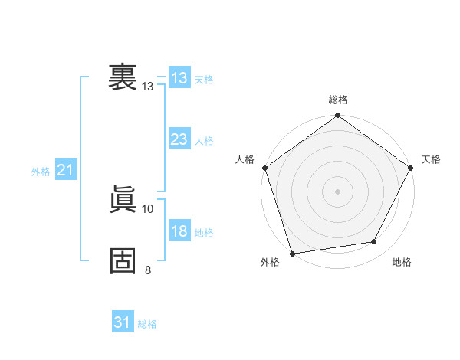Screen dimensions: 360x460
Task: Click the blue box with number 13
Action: tap(179, 78)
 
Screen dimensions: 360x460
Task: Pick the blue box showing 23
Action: tap(179, 139)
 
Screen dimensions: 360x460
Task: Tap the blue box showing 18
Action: tap(179, 231)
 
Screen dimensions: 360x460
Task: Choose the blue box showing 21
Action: tap(65, 170)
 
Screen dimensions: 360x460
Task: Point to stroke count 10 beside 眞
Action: tap(148, 208)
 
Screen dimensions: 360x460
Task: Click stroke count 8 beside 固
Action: tap(148, 269)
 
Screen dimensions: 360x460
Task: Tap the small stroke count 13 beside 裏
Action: tap(148, 87)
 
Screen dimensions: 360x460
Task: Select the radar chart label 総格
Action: tap(338, 100)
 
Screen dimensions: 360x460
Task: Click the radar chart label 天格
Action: tap(432, 159)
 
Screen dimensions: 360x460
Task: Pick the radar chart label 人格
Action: tap(245, 159)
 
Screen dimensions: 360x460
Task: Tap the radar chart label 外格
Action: tap(270, 262)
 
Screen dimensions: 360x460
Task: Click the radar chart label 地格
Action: tap(402, 262)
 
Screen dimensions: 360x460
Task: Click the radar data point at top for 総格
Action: tap(338, 116)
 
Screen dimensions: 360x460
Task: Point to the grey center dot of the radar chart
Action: tap(338, 191)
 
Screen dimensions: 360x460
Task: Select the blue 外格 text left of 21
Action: tap(41, 172)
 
